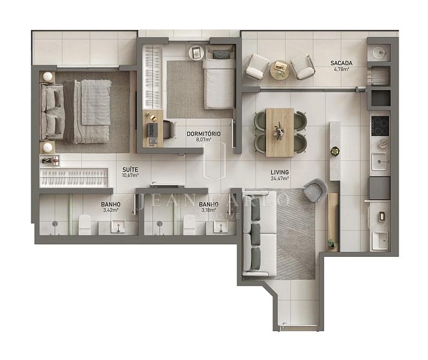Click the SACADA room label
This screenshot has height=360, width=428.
[x=341, y=63]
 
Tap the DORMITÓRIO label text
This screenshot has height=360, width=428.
[x=203, y=134]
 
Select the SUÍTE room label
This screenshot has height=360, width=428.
[x=130, y=169]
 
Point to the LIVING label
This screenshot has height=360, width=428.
[x=280, y=172]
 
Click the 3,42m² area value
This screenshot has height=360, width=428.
[x=110, y=210]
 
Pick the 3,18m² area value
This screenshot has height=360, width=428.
[x=208, y=210]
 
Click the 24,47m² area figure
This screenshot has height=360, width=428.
[x=280, y=179]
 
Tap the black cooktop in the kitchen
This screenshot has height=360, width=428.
[x=380, y=126]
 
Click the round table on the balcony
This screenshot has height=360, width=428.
[x=280, y=70]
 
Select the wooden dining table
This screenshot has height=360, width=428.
[x=280, y=133]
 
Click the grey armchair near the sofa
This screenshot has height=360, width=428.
[x=316, y=190]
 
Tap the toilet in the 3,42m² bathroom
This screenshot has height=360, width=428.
[x=85, y=224]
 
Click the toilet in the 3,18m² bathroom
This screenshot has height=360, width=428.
[x=189, y=224]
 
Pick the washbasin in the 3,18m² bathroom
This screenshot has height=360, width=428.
[x=220, y=227]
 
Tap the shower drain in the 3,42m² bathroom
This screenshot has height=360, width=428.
[x=55, y=224]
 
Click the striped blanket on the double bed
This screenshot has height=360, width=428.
[x=96, y=102]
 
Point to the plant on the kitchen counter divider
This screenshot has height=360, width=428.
[x=334, y=151]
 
